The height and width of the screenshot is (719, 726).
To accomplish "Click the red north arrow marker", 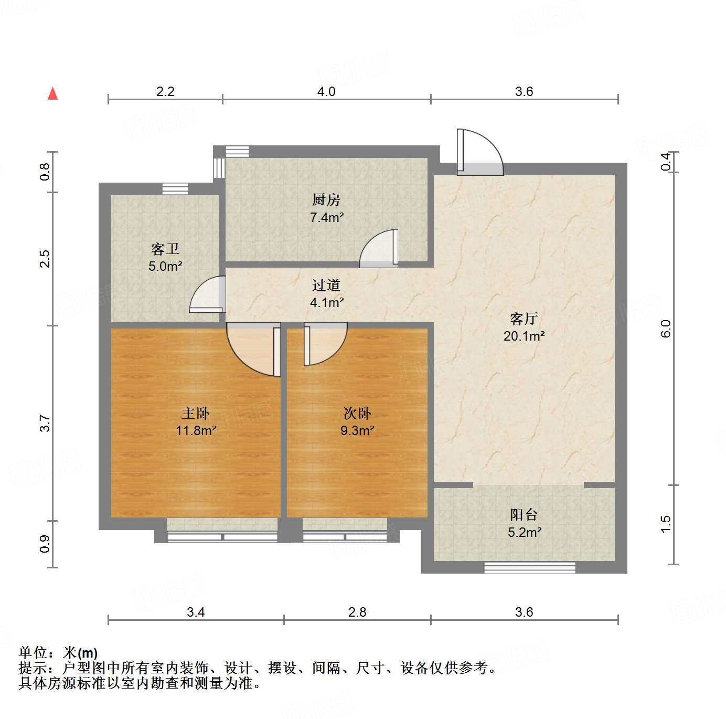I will [52, 93].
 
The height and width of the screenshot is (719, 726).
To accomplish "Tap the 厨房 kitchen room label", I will [326, 199].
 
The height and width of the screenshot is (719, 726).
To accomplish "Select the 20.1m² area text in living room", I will [524, 336].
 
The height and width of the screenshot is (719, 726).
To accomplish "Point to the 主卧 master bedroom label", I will [196, 413].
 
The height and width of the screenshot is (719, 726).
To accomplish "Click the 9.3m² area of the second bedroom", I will [357, 431].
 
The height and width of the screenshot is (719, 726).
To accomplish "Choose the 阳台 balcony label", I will [524, 515].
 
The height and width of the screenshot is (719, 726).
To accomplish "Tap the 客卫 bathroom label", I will [165, 249].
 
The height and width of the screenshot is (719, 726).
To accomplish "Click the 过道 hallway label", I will [326, 285].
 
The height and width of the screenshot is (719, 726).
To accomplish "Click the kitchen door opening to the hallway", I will [379, 249].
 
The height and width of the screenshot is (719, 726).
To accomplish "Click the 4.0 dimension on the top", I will [326, 91].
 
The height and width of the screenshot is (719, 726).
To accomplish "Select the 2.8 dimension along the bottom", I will [357, 612].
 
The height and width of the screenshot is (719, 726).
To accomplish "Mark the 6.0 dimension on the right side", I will [666, 329].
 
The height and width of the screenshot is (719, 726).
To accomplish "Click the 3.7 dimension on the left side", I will [45, 423].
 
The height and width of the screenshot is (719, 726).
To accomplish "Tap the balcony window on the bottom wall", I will [529, 567].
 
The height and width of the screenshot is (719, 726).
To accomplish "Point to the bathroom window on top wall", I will [175, 189].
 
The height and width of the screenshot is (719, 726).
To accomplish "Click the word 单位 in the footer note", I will [34, 653].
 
